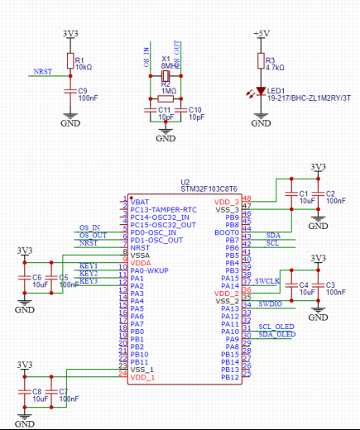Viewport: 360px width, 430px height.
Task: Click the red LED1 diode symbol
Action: coord(261,92)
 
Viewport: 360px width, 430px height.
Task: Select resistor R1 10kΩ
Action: coord(70,63)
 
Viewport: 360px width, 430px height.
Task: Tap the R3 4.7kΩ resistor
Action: coord(261,62)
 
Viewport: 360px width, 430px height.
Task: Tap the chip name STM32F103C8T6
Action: coord(209,189)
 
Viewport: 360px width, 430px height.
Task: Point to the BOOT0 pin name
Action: coord(227,232)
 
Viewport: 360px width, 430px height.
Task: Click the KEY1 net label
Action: coord(89,265)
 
